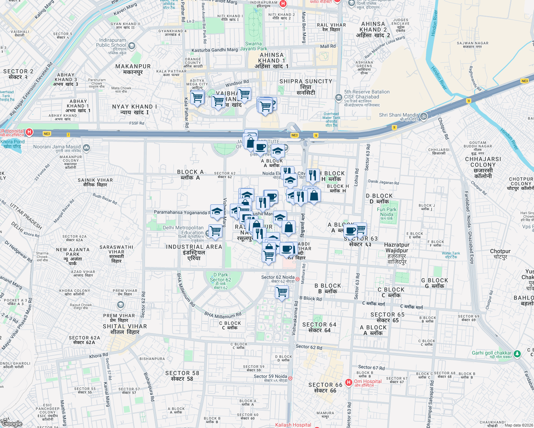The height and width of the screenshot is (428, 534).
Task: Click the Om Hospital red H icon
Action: point(349,382)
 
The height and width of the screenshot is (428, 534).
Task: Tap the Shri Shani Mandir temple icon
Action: point(423,116)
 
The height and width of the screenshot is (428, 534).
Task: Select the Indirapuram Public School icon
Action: point(132,46)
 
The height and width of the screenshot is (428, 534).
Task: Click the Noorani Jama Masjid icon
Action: point(86,148)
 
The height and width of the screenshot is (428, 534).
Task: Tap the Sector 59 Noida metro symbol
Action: point(290,378)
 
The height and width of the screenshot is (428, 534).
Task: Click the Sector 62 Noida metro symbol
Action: point(297,279)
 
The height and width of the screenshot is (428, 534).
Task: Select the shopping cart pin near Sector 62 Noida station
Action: point(282,292)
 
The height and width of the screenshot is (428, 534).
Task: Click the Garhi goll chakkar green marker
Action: point(519,353)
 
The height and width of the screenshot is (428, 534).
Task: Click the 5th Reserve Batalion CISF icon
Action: point(338,97)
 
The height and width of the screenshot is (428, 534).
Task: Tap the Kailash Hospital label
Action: point(293,425)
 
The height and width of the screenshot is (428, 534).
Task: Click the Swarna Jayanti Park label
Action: point(253,46)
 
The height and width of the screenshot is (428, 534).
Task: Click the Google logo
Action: point(11,423)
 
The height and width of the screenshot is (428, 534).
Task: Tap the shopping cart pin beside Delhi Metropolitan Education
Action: point(216,231)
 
